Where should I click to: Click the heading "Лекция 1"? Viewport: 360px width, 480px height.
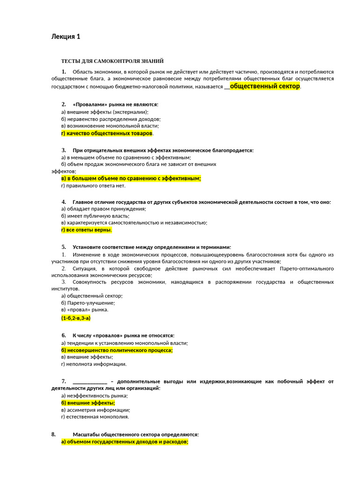click(x=66, y=37)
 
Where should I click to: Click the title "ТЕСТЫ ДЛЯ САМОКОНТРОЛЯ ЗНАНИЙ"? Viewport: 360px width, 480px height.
click(x=112, y=61)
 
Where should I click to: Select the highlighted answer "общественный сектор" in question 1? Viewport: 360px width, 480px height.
click(x=265, y=86)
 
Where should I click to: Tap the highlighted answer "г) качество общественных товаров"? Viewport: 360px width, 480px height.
click(x=107, y=133)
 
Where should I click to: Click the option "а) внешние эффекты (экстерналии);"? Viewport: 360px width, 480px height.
click(x=105, y=112)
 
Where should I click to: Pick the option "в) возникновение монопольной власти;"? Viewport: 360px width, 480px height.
click(x=110, y=126)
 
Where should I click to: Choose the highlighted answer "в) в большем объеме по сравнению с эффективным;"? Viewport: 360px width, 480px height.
click(x=131, y=178)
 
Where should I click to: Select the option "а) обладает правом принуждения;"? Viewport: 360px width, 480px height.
click(x=104, y=209)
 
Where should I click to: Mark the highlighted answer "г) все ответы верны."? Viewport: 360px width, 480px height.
click(x=87, y=230)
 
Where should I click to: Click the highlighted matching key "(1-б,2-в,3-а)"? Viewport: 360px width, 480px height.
click(x=75, y=318)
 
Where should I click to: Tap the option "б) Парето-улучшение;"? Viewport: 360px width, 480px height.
click(x=88, y=303)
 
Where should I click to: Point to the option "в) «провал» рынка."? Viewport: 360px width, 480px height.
click(x=85, y=309)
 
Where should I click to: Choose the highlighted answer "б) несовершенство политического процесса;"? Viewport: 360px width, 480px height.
click(x=117, y=350)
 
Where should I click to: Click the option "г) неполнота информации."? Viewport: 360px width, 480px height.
click(x=94, y=364)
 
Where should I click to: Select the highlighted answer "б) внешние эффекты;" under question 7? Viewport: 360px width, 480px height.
click(x=88, y=403)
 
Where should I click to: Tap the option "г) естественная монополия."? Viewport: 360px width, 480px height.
click(x=95, y=416)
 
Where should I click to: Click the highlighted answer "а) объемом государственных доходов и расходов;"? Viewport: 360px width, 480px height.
click(x=125, y=442)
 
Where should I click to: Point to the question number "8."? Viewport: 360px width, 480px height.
click(x=54, y=435)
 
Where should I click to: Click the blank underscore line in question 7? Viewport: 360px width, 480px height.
click(x=90, y=382)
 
